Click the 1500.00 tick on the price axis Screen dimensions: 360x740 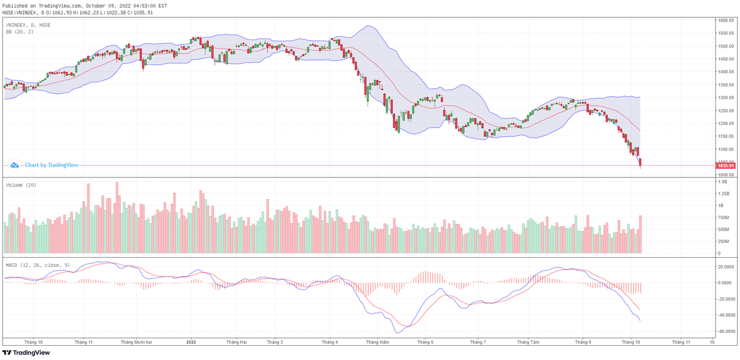(725, 46)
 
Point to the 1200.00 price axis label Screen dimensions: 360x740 (725, 123)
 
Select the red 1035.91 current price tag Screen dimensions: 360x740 (725, 166)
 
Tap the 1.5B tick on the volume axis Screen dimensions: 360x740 (722, 182)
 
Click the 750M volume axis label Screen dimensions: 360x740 (723, 218)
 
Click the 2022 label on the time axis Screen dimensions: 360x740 (191, 342)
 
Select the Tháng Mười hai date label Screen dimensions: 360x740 (136, 342)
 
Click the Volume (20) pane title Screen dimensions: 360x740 (18, 185)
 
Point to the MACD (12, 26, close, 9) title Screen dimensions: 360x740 (38, 265)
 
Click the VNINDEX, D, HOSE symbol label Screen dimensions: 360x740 (28, 25)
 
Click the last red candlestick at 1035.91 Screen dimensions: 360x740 (641, 163)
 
